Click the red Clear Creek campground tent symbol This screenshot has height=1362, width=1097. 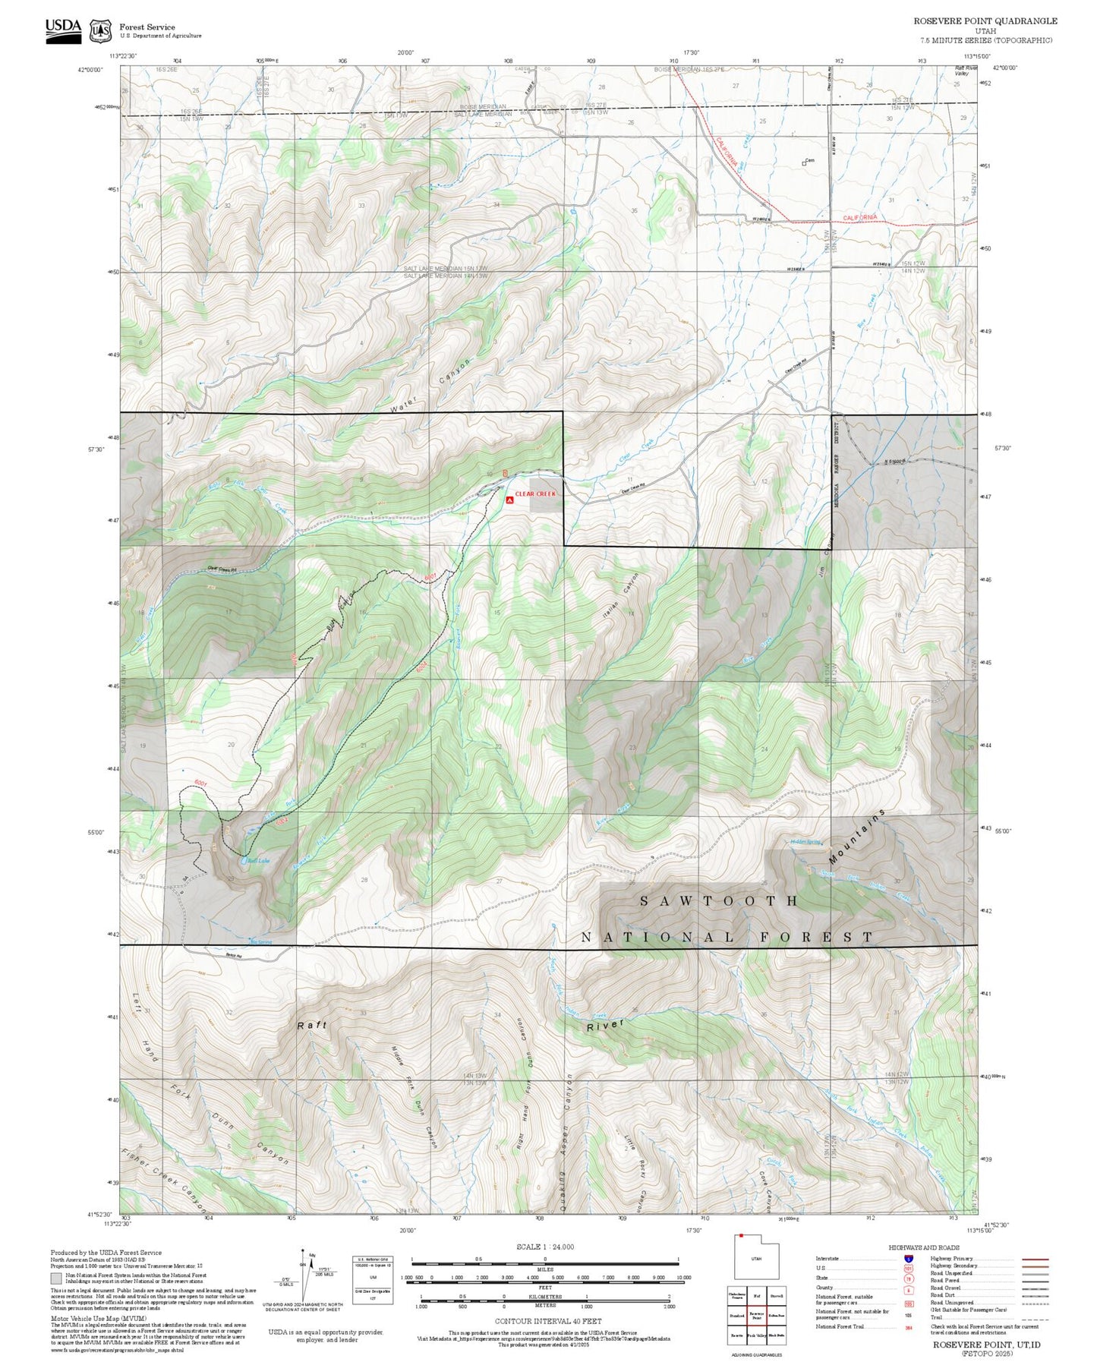pyautogui.click(x=509, y=500)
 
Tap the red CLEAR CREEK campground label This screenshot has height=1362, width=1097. pyautogui.click(x=535, y=493)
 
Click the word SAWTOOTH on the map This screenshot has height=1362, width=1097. pyautogui.click(x=718, y=901)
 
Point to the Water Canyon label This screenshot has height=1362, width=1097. pyautogui.click(x=432, y=386)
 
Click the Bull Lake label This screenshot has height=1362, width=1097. pyautogui.click(x=259, y=861)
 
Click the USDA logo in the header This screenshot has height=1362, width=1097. pyautogui.click(x=63, y=30)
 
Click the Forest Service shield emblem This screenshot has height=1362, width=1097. pyautogui.click(x=100, y=31)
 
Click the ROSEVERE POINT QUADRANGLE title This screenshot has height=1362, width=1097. pyautogui.click(x=985, y=21)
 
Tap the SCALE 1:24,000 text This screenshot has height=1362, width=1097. pyautogui.click(x=544, y=1247)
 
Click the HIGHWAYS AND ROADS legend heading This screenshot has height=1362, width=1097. pyautogui.click(x=924, y=1247)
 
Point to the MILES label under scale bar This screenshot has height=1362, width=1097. pyautogui.click(x=544, y=1269)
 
